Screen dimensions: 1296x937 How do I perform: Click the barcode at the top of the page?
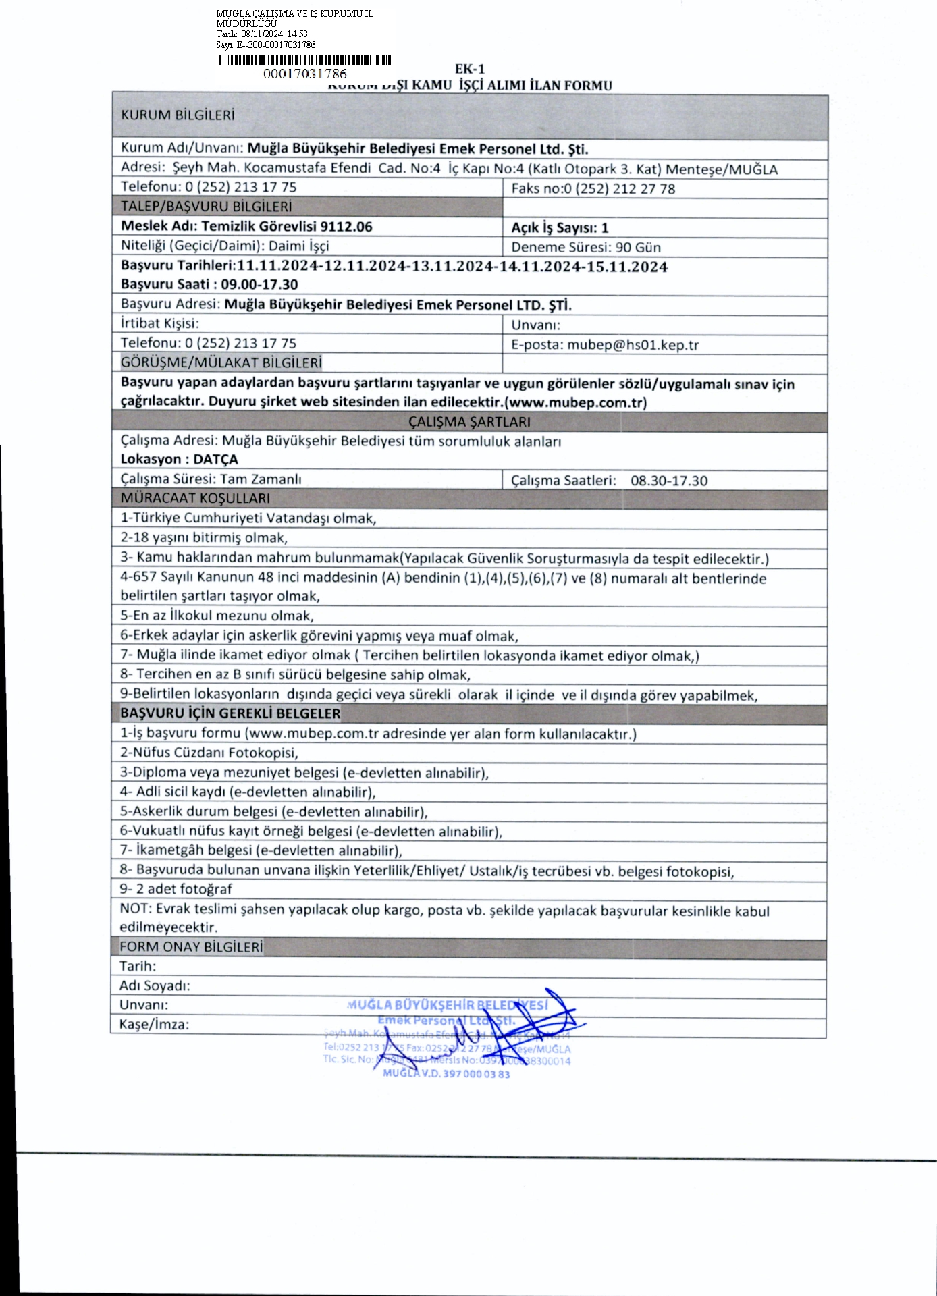click(304, 59)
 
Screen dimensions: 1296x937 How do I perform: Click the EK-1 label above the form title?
click(470, 69)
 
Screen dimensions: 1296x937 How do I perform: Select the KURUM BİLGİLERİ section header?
click(178, 115)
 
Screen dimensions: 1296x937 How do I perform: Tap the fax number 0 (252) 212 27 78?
click(619, 189)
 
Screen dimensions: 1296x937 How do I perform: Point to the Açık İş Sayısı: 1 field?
click(560, 228)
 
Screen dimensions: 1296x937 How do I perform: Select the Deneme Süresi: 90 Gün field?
click(586, 247)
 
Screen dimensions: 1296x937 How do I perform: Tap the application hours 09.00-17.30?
click(259, 285)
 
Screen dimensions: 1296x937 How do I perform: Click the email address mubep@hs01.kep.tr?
click(633, 345)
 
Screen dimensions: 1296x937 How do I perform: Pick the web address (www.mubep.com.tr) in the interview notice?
click(576, 403)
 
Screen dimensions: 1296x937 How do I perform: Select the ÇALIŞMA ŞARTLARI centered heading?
click(469, 422)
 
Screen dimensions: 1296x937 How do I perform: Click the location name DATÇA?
click(215, 460)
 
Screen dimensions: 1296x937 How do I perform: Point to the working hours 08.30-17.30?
click(669, 481)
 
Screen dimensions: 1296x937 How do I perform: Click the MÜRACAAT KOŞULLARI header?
click(195, 499)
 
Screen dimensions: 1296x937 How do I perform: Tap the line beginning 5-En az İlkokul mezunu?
click(217, 616)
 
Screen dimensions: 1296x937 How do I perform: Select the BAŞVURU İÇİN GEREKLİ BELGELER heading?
click(230, 713)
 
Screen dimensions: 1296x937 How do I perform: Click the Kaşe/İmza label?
click(154, 1024)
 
